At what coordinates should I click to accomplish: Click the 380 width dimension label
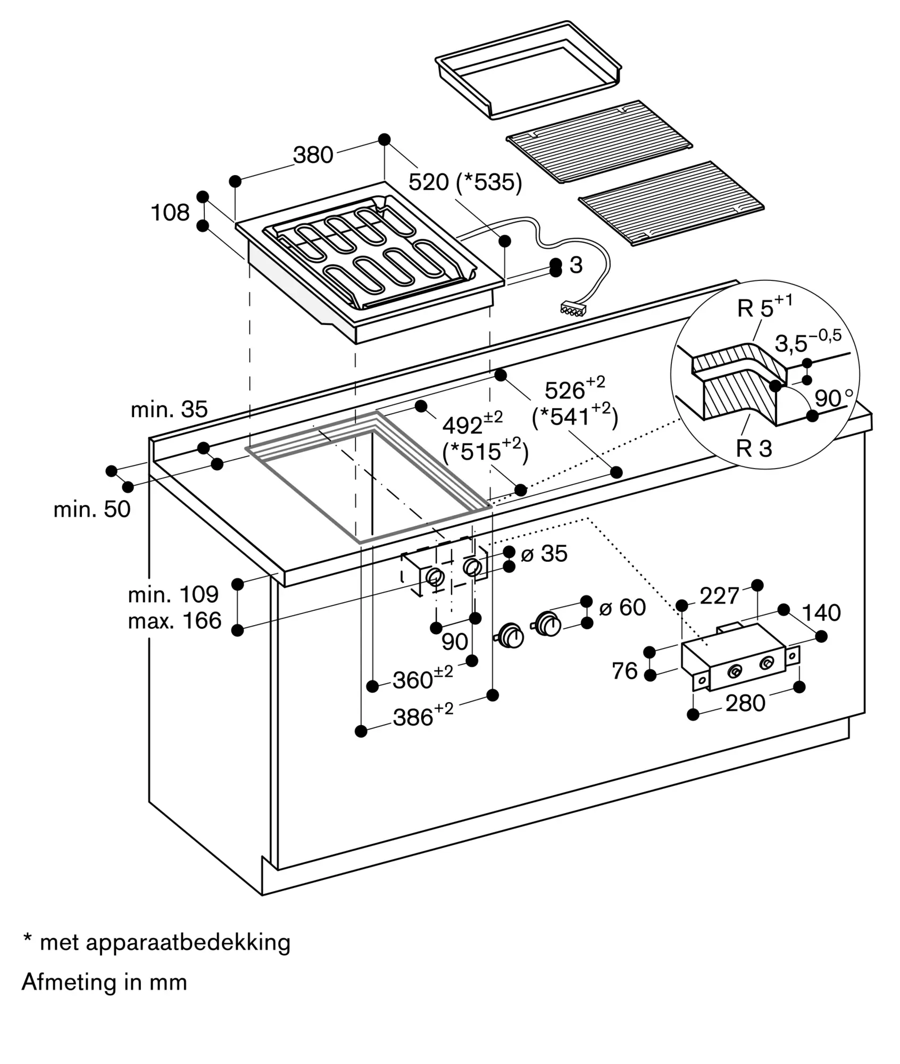coord(313,155)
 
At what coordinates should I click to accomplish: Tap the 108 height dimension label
coord(170,213)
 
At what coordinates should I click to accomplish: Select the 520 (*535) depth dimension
coord(465,182)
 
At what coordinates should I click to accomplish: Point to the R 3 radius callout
coord(753,448)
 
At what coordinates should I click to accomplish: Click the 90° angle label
coord(833,398)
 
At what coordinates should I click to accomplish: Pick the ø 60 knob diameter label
coord(622,607)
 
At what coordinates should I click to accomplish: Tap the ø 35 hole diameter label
coord(544,554)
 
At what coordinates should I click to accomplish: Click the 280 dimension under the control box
coord(745,703)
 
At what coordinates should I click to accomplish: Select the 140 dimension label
coord(821,613)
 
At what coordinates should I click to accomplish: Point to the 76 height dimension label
coord(624,671)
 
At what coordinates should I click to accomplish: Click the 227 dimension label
coord(719,596)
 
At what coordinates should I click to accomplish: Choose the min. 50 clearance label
coord(92,510)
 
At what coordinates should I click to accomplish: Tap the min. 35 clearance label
coord(169,410)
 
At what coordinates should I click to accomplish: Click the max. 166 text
coord(174,621)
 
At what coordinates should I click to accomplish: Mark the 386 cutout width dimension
coord(423,716)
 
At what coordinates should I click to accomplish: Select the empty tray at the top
coord(529,69)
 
